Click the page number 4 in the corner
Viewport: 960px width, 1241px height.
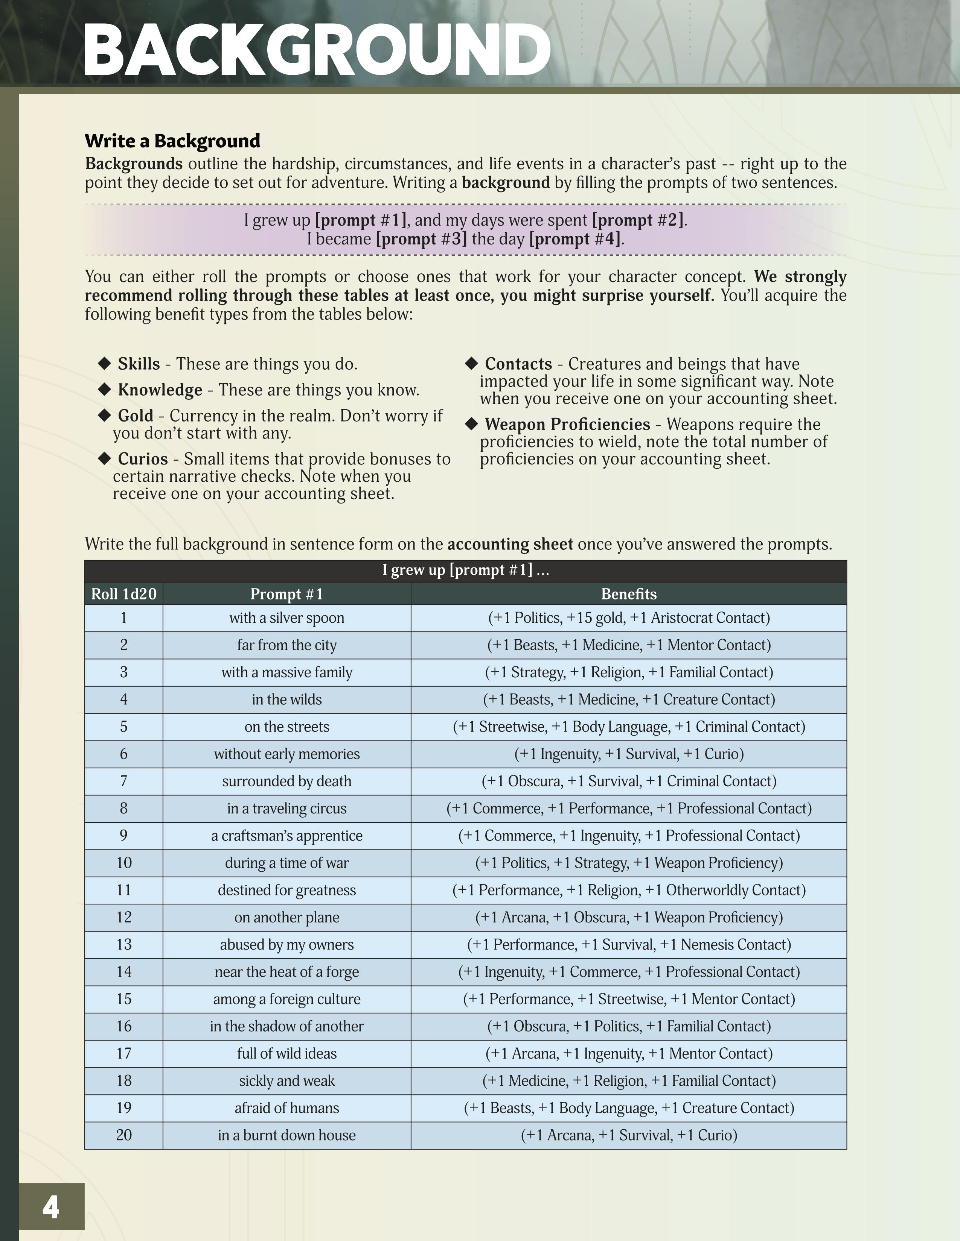[x=50, y=1207]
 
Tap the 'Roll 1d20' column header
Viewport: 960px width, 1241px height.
[x=123, y=594]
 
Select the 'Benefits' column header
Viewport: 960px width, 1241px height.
[x=628, y=594]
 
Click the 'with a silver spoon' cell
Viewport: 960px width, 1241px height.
[x=286, y=617]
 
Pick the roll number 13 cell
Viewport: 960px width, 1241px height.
[x=123, y=944]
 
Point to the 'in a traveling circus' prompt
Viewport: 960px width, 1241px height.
[x=286, y=808]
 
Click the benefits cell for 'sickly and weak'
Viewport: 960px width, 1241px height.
[x=628, y=1080]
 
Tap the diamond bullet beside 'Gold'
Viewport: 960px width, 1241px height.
[x=104, y=416]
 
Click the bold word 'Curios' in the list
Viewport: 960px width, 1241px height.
[x=143, y=458]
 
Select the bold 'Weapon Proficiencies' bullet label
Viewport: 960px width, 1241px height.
[x=567, y=424]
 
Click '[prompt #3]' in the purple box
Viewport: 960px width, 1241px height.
[x=421, y=239]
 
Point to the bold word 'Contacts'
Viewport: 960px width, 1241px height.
[x=518, y=364]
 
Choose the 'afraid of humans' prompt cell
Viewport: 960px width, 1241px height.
[x=286, y=1107]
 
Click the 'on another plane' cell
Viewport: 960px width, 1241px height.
[x=286, y=917]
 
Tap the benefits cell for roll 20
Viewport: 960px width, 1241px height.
[x=628, y=1135]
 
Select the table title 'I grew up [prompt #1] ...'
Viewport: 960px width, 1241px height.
[x=465, y=570]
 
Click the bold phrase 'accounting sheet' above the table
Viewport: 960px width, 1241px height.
[x=510, y=544]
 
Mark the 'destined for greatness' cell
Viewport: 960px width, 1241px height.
[x=286, y=890]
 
